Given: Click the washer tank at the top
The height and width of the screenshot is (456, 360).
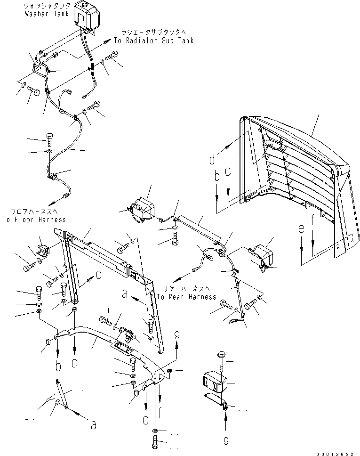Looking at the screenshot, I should click(x=85, y=18).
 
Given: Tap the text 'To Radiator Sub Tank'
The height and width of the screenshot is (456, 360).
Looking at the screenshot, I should click(x=153, y=41).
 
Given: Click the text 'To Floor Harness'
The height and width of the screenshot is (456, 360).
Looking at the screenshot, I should click(x=34, y=220).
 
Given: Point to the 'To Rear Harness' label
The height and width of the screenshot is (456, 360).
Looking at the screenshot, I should click(x=186, y=297).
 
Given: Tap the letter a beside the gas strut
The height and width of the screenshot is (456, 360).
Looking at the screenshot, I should click(x=93, y=425).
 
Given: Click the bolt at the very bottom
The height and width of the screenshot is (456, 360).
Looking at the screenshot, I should click(x=155, y=444).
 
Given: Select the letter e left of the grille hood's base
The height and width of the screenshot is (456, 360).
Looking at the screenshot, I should click(x=302, y=229).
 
